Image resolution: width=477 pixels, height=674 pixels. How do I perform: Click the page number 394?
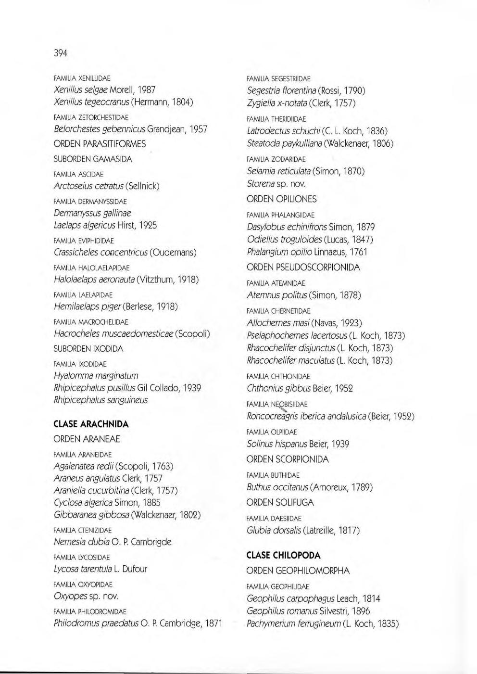tap(60, 53)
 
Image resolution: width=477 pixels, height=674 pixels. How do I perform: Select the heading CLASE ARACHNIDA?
tap(91, 424)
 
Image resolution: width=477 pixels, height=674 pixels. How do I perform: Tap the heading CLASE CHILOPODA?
tap(283, 555)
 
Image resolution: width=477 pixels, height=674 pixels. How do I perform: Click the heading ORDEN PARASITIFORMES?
tap(100, 144)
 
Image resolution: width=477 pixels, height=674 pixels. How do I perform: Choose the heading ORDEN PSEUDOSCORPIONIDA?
tap(303, 267)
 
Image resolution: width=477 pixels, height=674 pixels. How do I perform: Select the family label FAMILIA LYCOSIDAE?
tap(82, 558)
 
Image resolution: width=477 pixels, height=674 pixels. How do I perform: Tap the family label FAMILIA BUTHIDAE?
tap(273, 475)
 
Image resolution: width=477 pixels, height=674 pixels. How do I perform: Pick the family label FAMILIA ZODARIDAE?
tap(276, 159)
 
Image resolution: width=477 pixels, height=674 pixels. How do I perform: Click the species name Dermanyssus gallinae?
tap(92, 213)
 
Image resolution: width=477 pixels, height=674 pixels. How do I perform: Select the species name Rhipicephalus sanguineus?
tap(101, 400)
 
